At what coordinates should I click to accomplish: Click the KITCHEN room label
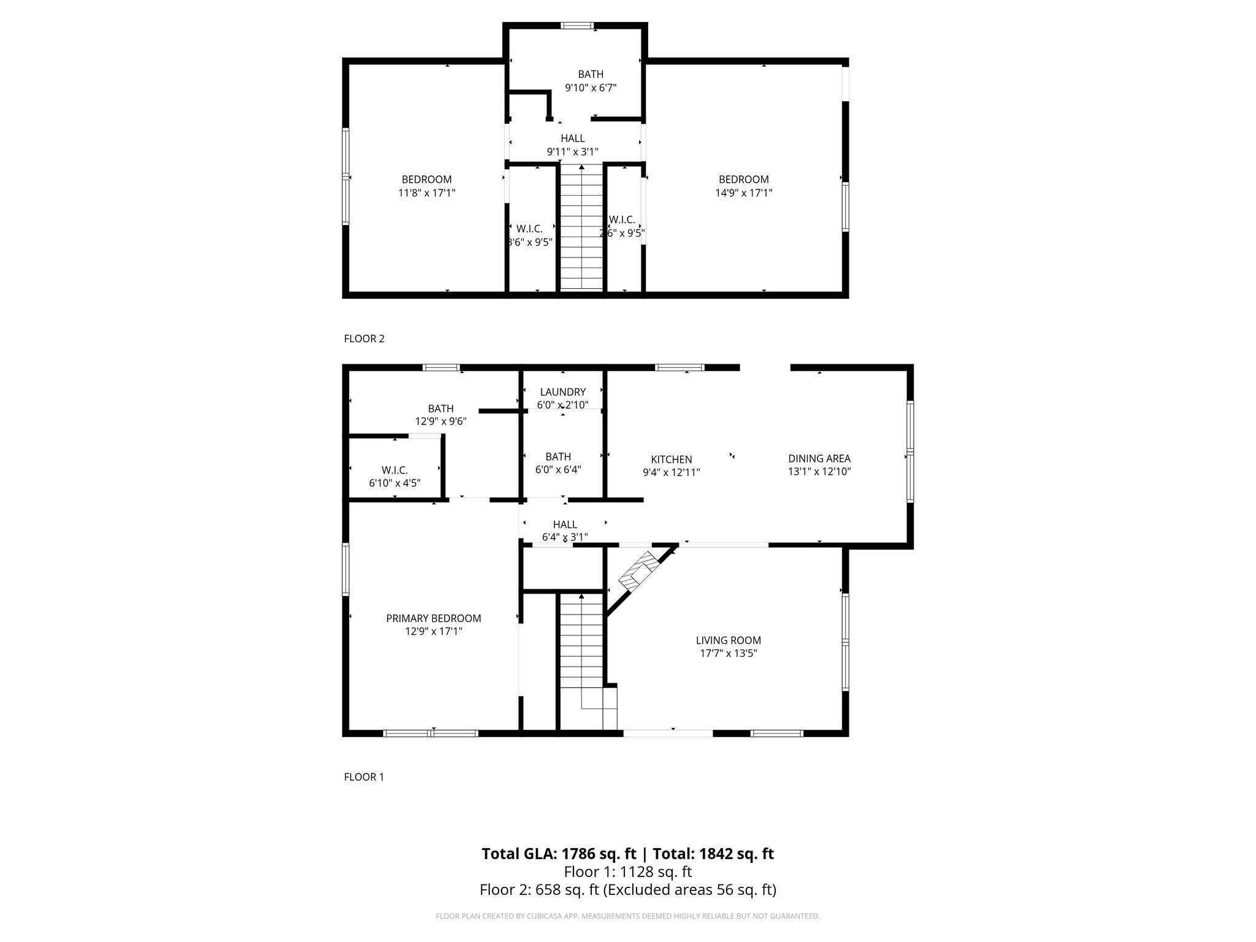[671, 459]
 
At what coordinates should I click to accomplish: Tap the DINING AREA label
[819, 458]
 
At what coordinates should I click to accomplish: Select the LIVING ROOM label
[728, 640]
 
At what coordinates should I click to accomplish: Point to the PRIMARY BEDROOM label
[433, 618]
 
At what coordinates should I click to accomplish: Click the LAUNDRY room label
[562, 392]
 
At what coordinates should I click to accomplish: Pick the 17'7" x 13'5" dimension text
[728, 654]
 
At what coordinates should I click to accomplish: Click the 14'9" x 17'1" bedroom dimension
[743, 193]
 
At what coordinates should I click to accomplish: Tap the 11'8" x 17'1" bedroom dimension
[426, 193]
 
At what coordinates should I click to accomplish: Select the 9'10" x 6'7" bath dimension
[590, 88]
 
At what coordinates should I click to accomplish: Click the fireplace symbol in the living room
[638, 570]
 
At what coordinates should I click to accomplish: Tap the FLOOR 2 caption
[364, 339]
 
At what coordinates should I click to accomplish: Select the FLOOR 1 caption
[364, 777]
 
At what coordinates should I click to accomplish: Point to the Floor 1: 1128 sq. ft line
[627, 871]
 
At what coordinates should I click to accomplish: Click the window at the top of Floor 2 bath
[577, 26]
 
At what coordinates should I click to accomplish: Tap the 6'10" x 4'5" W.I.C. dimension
[394, 483]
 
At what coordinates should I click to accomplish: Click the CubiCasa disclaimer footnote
[627, 916]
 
